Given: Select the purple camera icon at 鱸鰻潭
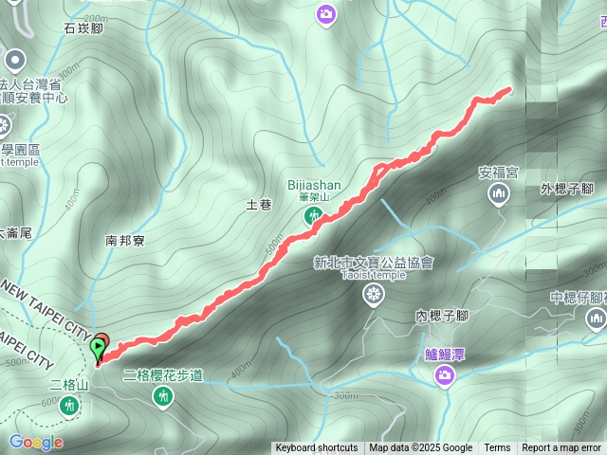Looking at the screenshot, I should click(x=443, y=377).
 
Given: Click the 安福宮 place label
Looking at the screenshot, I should click(x=498, y=173).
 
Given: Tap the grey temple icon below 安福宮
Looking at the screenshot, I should click(x=498, y=195).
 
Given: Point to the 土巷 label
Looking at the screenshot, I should click(x=259, y=204).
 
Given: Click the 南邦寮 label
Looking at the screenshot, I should click(x=125, y=241).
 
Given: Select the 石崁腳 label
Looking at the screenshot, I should click(x=84, y=28).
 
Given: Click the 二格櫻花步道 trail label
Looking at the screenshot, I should click(x=163, y=374).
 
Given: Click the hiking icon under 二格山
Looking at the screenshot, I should click(x=68, y=406).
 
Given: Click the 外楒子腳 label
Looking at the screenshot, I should click(x=566, y=188).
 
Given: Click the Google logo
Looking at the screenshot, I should click(x=36, y=442).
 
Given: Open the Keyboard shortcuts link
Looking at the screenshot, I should click(x=316, y=448).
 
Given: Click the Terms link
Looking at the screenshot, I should click(x=497, y=448).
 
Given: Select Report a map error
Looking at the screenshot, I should click(x=561, y=448).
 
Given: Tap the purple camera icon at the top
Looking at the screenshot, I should click(x=326, y=13).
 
